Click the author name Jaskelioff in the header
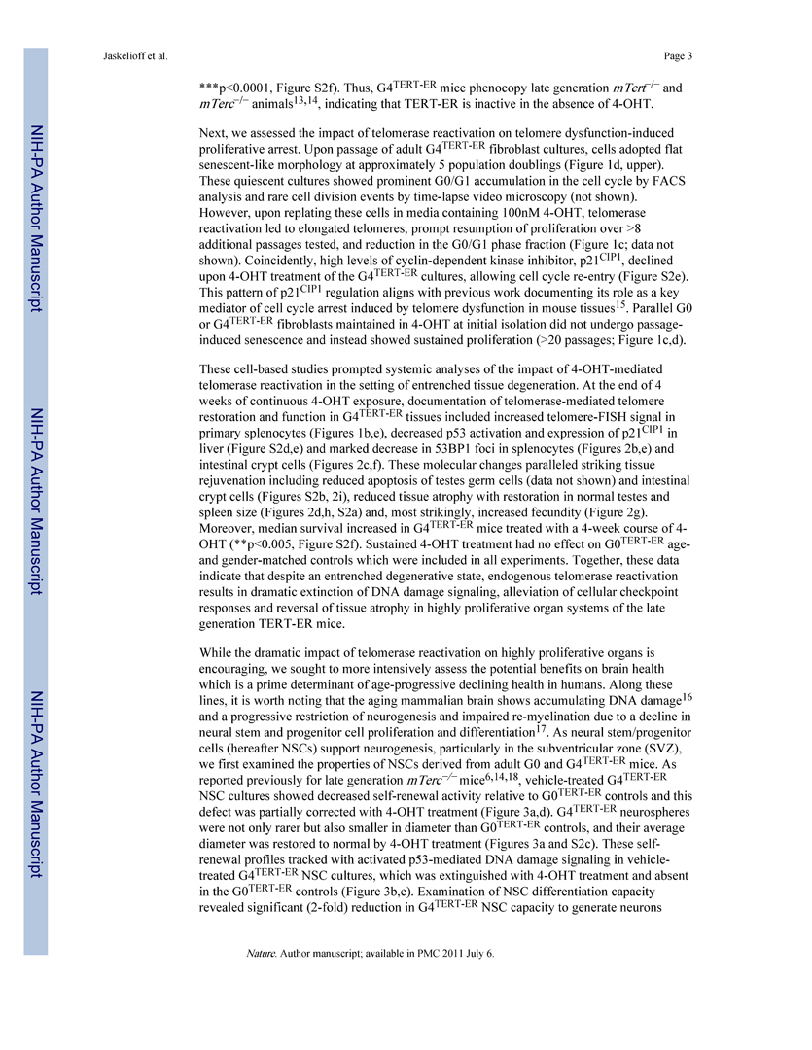coord(124,54)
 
